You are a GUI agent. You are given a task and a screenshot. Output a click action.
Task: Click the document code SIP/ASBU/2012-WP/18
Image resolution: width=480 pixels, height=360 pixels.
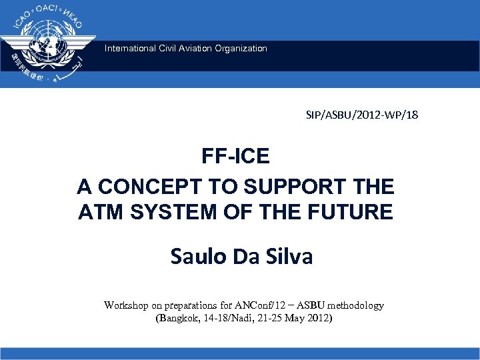[359, 115]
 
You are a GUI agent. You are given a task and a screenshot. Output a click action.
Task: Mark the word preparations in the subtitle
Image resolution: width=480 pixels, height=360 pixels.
[191, 305]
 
